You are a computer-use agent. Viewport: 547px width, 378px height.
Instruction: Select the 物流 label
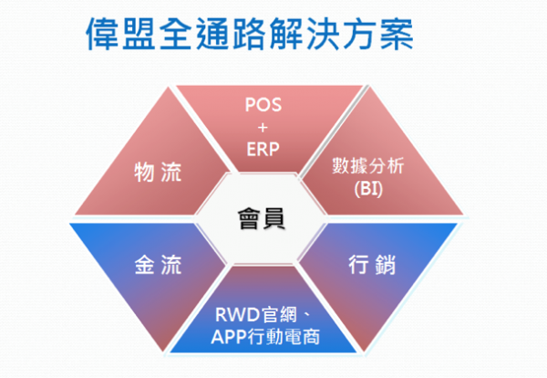click(x=157, y=172)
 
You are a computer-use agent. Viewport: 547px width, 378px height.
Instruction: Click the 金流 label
click(x=157, y=266)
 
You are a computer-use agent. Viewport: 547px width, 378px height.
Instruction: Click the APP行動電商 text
click(x=262, y=341)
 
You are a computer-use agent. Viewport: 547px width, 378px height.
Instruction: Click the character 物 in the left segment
click(x=143, y=172)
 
